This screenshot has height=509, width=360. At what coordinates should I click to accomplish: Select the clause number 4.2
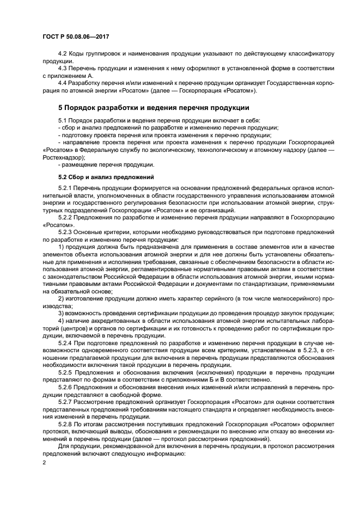pos(63,55)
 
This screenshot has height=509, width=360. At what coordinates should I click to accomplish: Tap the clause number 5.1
pos(63,120)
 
